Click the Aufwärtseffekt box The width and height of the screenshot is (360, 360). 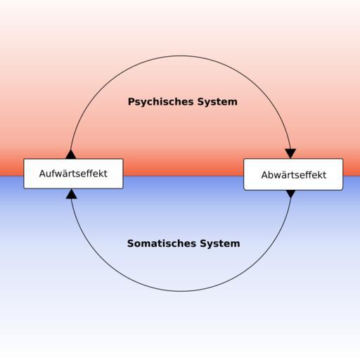[73, 174]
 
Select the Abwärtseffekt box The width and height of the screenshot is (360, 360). [293, 174]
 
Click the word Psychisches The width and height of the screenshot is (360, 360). [161, 102]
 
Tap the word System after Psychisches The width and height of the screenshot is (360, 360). [217, 102]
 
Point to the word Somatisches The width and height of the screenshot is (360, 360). [162, 243]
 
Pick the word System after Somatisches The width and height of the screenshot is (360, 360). [220, 244]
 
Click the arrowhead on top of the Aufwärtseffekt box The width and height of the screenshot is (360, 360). [71, 154]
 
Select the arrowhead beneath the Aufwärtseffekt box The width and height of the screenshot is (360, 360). [72, 194]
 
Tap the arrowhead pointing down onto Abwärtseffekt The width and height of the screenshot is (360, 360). [290, 153]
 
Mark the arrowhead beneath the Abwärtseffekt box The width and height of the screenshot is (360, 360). [291, 194]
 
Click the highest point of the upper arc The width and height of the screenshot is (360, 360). [181, 56]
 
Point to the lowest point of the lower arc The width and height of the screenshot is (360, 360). [181, 291]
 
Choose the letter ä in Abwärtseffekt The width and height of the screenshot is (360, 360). [284, 175]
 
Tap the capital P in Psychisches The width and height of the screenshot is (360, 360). [131, 102]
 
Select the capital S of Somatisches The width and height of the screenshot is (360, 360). [131, 243]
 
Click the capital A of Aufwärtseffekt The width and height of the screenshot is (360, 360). [43, 174]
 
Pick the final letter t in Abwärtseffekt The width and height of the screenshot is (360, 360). [324, 175]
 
